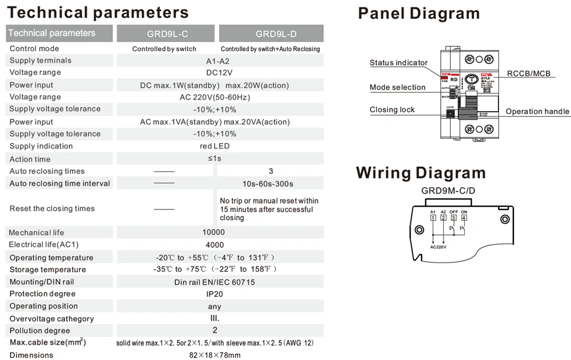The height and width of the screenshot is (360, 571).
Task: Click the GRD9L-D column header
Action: click(x=271, y=34)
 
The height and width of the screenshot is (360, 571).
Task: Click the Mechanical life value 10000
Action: click(x=214, y=232)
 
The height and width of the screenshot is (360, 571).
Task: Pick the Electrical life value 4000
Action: click(x=214, y=245)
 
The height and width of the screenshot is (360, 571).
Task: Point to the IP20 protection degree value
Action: click(x=214, y=294)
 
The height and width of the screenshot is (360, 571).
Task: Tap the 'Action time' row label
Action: click(x=30, y=159)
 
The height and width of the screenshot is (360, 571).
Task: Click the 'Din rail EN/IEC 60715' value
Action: click(x=214, y=282)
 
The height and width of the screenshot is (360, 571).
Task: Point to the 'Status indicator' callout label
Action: click(x=399, y=63)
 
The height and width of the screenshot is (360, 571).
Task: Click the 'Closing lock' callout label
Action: click(x=392, y=110)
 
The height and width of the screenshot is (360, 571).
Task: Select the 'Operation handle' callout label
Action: click(x=537, y=111)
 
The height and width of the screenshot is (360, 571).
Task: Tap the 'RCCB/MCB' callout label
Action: click(x=529, y=74)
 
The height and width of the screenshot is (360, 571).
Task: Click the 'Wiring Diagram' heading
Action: click(x=421, y=173)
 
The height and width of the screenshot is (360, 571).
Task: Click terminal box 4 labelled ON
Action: click(x=464, y=217)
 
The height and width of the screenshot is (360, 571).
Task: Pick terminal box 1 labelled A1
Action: click(x=433, y=217)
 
